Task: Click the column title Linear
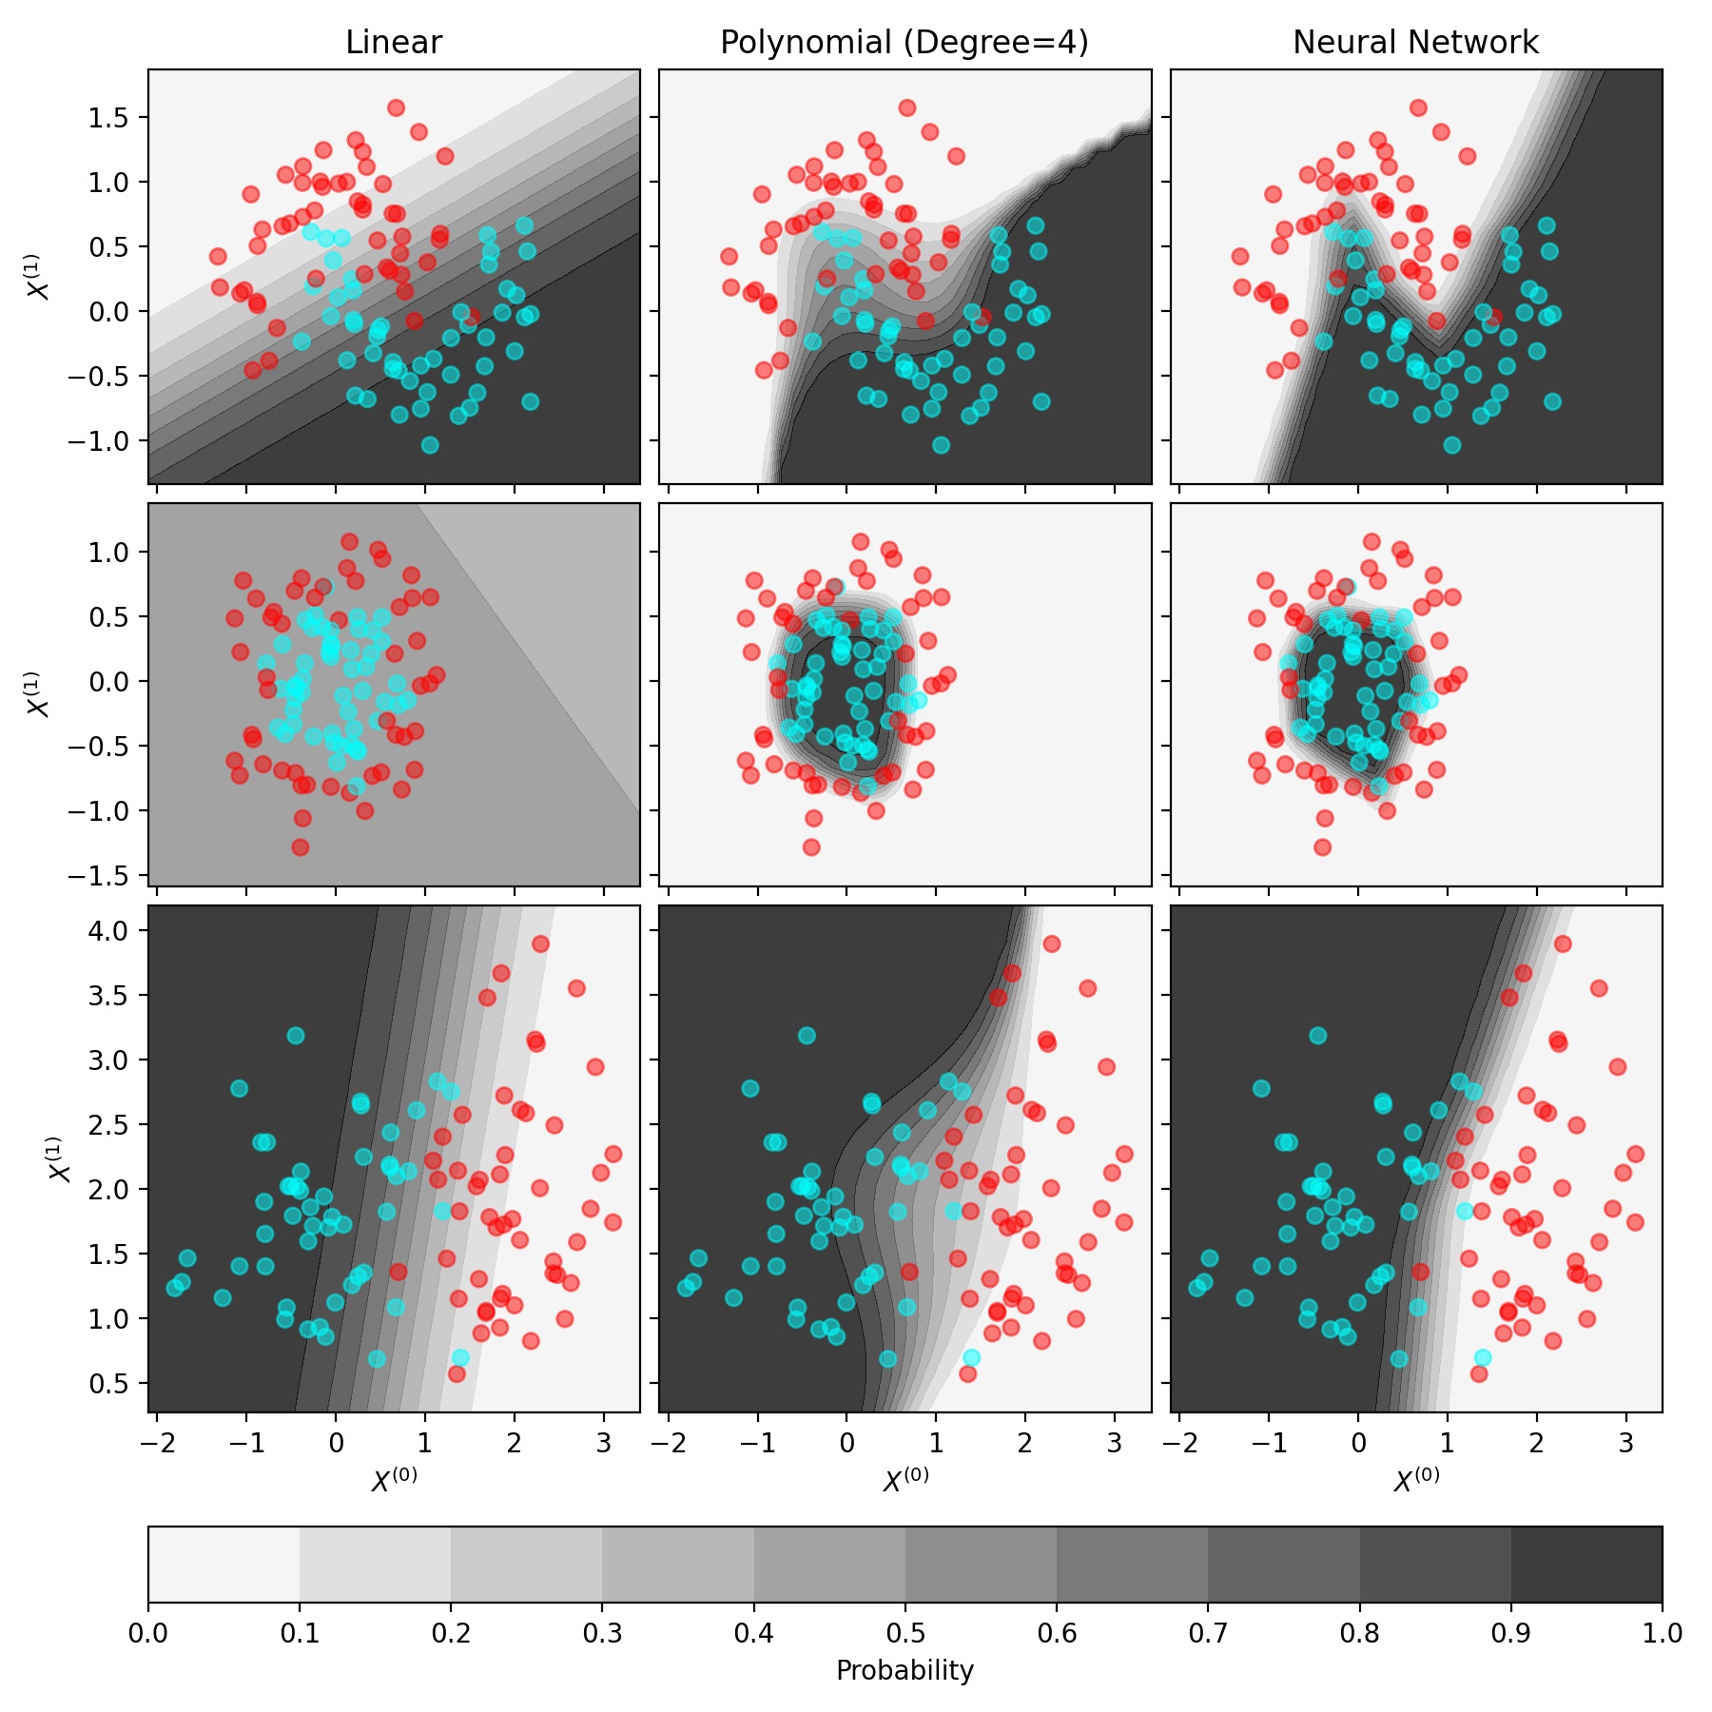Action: coord(394,43)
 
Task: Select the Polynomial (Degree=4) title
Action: coord(905,43)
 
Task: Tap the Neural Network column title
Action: coord(1415,43)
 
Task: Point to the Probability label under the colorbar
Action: coord(905,1670)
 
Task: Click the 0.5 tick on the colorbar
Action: coord(905,1633)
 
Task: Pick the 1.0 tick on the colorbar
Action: coord(1662,1633)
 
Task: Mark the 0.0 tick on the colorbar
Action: coord(148,1633)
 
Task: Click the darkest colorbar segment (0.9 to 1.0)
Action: coord(1586,1565)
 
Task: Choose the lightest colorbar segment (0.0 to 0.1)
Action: coord(224,1565)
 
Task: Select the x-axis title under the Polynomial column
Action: coord(905,1479)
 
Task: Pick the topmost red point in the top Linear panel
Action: coord(396,107)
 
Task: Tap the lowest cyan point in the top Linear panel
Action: coord(430,445)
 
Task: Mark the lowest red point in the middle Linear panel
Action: coord(301,846)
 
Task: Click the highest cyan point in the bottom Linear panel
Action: coord(296,1035)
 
